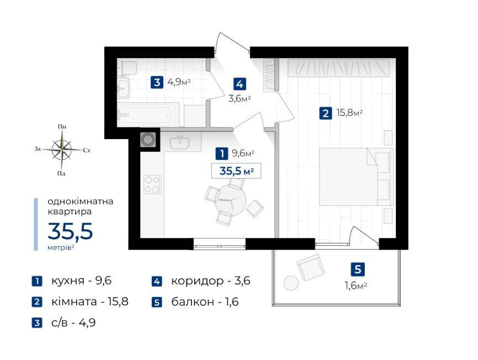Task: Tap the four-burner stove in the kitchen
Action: coord(152,184)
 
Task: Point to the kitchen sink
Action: coord(179,142)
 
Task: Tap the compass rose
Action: coord(62,149)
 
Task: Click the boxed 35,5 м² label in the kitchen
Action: coord(236,171)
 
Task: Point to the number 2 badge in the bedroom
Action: coord(325,114)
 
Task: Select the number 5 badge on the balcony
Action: coord(358,269)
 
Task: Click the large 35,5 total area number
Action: coord(70,231)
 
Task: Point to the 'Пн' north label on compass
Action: coord(62,126)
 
